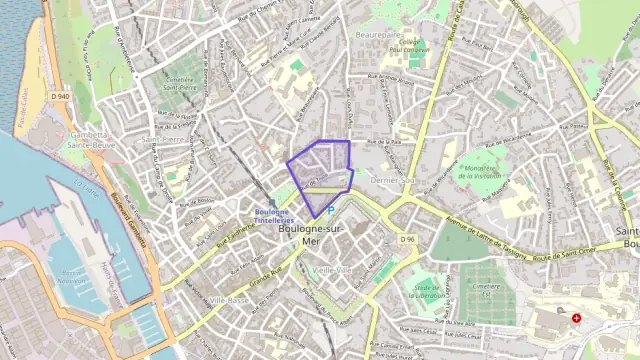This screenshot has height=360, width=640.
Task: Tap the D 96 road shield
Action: tap(407, 239)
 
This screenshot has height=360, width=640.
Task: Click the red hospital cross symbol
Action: tap(576, 318)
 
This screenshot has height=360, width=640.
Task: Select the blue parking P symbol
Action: tap(331, 210)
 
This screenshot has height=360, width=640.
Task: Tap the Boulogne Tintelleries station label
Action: tap(272, 214)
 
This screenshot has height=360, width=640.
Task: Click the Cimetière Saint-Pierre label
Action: tap(179, 83)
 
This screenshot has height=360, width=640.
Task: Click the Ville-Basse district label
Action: tap(229, 300)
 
